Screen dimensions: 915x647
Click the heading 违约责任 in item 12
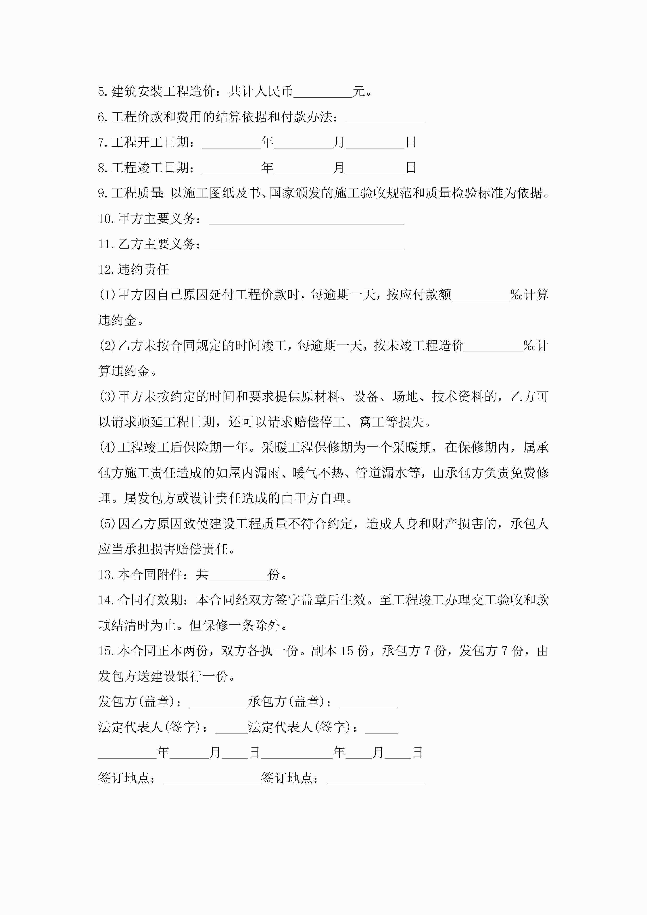click(x=143, y=270)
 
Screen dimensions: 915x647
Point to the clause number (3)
click(x=108, y=397)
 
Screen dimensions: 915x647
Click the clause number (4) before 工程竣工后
click(x=108, y=448)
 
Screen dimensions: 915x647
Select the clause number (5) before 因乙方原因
click(x=108, y=524)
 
